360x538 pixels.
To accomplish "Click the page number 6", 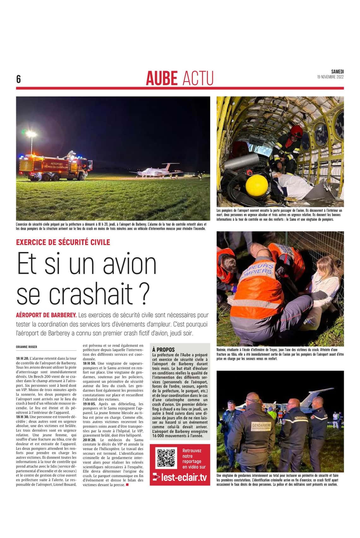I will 18,79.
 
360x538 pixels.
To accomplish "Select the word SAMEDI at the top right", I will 337,72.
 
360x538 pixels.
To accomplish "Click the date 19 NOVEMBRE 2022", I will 330,77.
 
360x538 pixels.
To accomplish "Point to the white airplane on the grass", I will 159,171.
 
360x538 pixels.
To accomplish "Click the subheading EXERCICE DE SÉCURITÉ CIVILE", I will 63,242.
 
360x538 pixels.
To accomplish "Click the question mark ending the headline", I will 143,294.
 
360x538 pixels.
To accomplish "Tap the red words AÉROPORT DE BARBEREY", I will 46,315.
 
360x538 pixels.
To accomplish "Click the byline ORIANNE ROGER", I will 27,347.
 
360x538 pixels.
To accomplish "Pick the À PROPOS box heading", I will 163,350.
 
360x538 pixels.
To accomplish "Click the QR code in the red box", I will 166,458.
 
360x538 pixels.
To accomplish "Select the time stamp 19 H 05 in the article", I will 89,404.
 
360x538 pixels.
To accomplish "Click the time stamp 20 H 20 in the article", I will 89,440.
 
